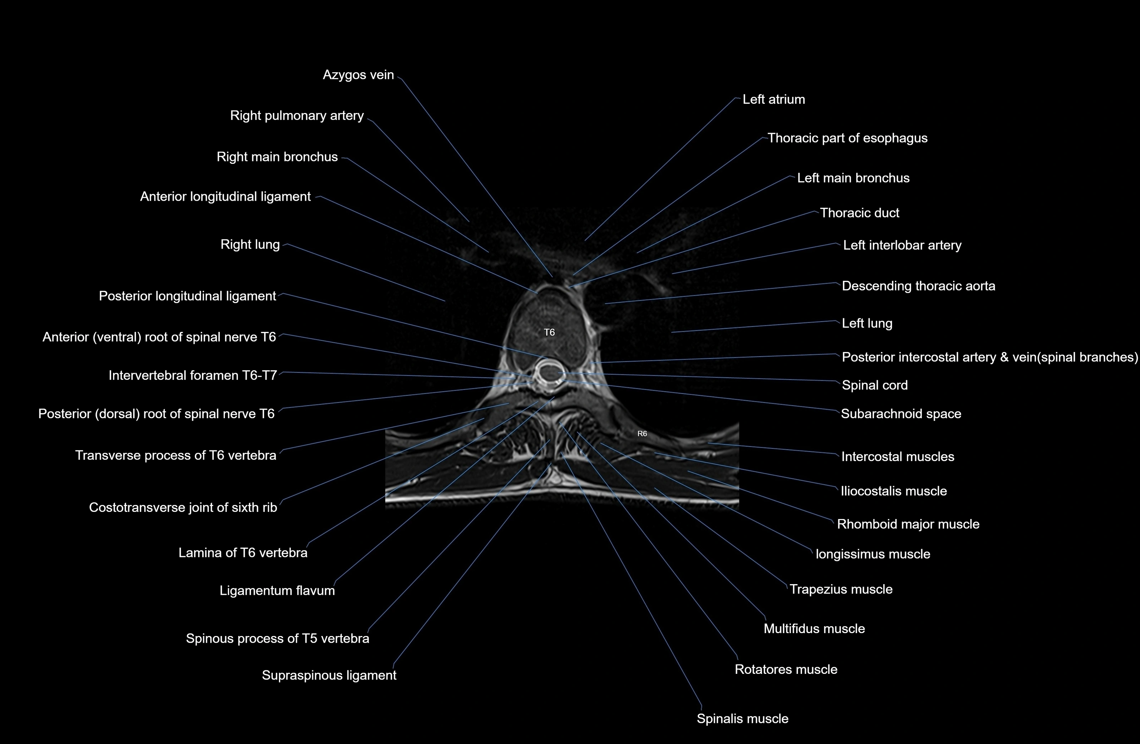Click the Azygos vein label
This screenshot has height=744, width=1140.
pos(358,75)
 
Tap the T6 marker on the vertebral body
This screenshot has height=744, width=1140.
pos(549,332)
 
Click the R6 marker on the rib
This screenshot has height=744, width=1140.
pos(642,434)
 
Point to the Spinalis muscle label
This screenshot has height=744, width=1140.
pos(742,719)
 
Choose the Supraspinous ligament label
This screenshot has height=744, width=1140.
pos(329,675)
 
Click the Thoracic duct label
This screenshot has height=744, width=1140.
pos(859,213)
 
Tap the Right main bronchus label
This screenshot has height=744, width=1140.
pos(277,157)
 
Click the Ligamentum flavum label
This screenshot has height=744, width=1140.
pos(277,590)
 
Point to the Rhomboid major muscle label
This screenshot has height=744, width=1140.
pos(908,524)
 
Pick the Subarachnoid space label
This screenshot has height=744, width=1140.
pos(900,414)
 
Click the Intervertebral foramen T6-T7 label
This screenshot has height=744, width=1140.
pos(192,375)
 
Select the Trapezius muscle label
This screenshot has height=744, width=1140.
pos(841,589)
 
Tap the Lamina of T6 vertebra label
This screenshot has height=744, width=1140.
pos(243,553)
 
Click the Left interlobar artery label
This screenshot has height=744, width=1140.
pos(902,245)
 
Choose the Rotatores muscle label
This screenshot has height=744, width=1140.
pos(786,669)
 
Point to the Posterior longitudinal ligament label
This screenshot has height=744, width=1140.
pos(187,296)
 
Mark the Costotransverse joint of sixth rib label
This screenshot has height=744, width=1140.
pos(183,507)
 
